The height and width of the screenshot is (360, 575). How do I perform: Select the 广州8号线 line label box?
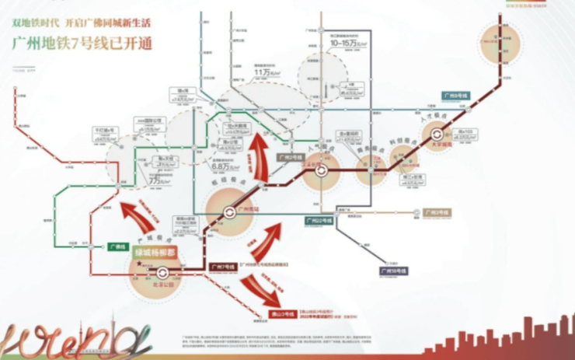455,96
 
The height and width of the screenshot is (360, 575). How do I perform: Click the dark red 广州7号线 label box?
223,267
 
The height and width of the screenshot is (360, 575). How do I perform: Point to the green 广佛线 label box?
118,246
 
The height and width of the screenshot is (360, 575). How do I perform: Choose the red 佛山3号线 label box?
282,315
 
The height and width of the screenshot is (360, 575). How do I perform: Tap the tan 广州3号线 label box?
437,211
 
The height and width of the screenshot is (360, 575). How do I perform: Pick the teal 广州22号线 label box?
318,218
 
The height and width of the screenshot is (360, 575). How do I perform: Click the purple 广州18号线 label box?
394,271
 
